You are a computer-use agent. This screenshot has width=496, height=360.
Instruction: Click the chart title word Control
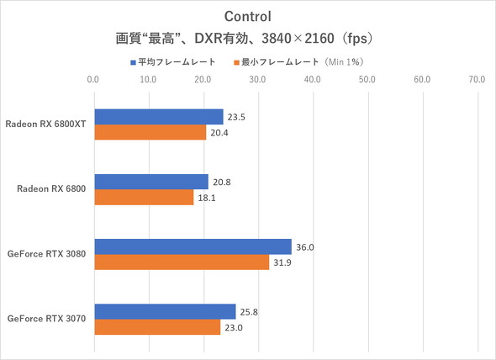point(247,16)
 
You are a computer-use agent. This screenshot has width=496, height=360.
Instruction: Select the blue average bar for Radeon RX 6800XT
point(158,116)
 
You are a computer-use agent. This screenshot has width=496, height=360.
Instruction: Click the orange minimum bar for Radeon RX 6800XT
point(150,132)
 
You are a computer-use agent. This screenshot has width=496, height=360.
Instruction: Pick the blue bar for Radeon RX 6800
point(150,181)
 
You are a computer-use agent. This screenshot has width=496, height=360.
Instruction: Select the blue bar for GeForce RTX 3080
point(193,246)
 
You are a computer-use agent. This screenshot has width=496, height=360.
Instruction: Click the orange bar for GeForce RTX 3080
point(181,262)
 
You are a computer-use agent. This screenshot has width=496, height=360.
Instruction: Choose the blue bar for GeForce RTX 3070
point(165,311)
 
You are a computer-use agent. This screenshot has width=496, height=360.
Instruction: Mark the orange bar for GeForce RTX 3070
point(156,327)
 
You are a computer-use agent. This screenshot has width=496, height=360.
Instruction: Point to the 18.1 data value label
point(205,198)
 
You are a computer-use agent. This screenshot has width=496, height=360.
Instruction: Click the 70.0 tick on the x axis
point(477,80)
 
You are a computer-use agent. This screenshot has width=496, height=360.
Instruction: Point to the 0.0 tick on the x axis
point(94,80)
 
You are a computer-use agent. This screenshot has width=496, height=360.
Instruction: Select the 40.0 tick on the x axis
point(313,80)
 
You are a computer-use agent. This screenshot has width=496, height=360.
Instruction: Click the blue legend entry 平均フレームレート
point(173,61)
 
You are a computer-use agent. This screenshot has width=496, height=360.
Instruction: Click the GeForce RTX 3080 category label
point(48,254)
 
